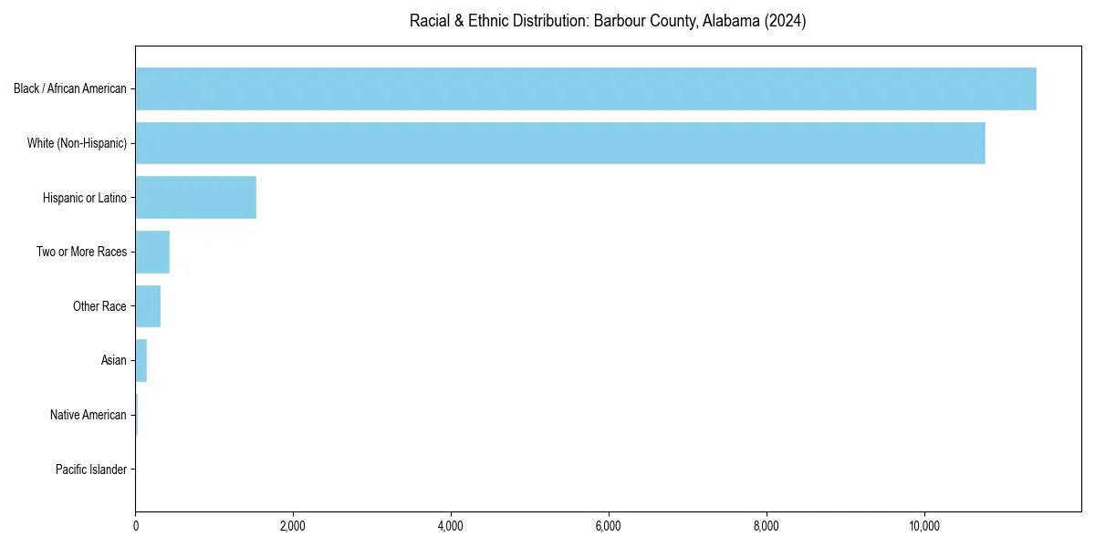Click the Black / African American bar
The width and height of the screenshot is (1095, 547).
click(x=585, y=88)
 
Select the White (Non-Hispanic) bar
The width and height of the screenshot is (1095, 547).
click(x=559, y=143)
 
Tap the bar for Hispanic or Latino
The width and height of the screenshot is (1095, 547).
click(x=195, y=198)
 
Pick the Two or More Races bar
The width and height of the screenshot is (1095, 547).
click(x=152, y=252)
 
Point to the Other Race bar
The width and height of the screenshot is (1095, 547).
click(x=148, y=306)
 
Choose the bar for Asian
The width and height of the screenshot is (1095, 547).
click(x=141, y=360)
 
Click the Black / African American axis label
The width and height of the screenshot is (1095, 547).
click(x=70, y=88)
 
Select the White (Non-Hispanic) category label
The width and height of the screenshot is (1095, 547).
click(x=77, y=143)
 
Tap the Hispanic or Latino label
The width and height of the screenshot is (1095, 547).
click(x=85, y=198)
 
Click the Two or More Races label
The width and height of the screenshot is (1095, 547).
click(x=81, y=252)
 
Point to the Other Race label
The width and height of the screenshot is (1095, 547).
click(x=99, y=306)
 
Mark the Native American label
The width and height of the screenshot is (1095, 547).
click(x=89, y=415)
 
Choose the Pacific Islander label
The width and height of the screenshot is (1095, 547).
click(x=91, y=470)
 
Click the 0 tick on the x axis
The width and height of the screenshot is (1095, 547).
click(x=135, y=526)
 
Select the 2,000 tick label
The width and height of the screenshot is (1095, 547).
click(x=293, y=526)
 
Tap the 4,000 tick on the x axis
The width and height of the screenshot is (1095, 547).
click(x=451, y=526)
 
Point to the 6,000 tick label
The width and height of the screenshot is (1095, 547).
click(x=609, y=526)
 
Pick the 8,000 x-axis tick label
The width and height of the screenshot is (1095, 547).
click(x=766, y=526)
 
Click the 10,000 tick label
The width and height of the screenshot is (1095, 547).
click(x=924, y=526)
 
